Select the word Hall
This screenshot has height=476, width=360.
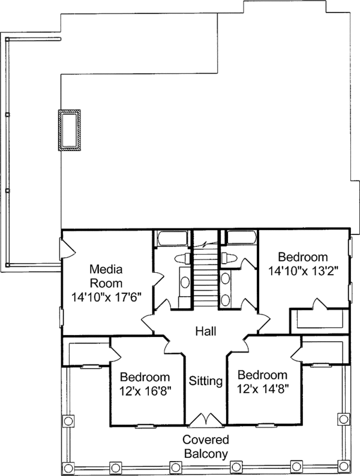click(206, 331)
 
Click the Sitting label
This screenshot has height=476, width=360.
click(206, 381)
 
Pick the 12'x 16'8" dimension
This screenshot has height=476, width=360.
click(145, 390)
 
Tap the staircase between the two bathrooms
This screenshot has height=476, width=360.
click(206, 276)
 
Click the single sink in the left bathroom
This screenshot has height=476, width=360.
click(184, 283)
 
